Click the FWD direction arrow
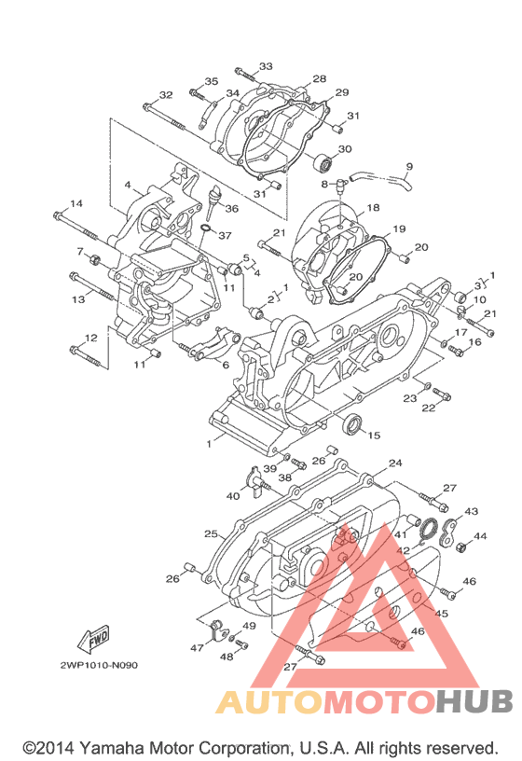[x=93, y=639]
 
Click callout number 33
[x=266, y=66]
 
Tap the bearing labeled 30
[x=323, y=163]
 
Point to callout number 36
[x=232, y=208]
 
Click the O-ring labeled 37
[x=206, y=228]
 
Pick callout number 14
[x=76, y=203]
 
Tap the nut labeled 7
[x=94, y=259]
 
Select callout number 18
[x=373, y=208]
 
